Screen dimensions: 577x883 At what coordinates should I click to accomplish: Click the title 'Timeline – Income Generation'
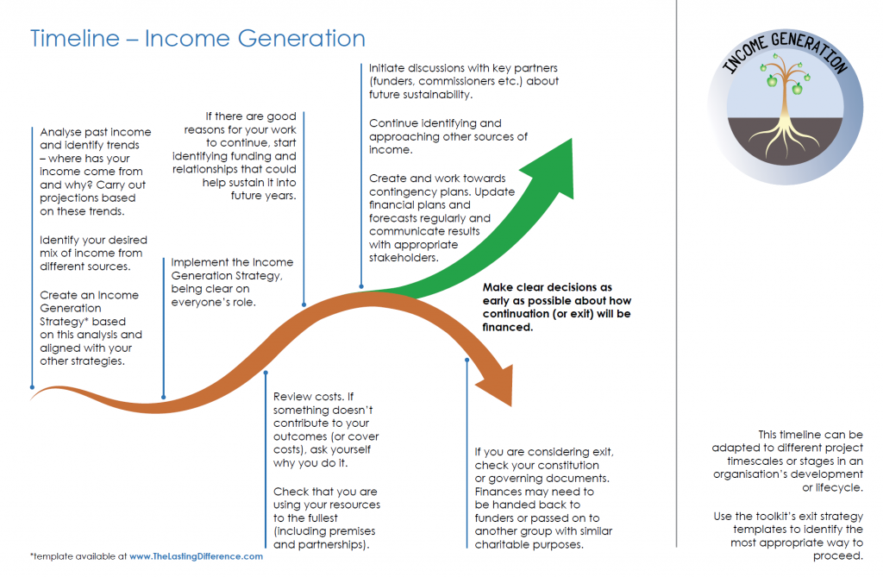tap(197, 39)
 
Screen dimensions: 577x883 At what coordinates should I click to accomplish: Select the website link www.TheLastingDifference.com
tap(196, 556)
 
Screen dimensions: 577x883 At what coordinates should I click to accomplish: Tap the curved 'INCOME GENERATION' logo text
tap(783, 59)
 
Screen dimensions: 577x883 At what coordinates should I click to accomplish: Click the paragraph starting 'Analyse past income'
tap(95, 172)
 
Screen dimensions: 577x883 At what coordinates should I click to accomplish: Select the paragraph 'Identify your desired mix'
tap(93, 254)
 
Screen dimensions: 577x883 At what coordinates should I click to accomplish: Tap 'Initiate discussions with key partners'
tap(463, 80)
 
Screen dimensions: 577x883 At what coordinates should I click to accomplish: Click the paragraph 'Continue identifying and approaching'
tap(448, 136)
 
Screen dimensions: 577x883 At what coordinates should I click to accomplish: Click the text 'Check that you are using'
tap(326, 517)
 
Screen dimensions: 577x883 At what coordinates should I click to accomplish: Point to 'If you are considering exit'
tap(543, 498)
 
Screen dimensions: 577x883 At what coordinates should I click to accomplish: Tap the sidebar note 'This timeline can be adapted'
tap(787, 461)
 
